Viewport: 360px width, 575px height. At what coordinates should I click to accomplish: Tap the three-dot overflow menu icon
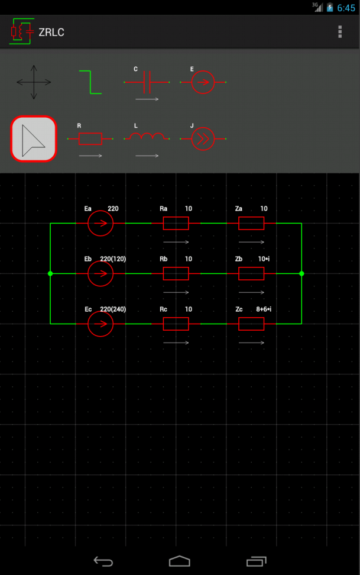[340, 32]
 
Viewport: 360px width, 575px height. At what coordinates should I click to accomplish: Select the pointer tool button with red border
[34, 139]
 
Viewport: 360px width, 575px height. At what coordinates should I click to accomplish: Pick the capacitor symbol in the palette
[147, 82]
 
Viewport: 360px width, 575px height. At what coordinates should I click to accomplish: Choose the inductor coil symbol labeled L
[147, 137]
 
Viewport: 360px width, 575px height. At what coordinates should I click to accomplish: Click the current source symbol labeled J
[203, 138]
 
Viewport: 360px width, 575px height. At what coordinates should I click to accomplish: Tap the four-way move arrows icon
[34, 82]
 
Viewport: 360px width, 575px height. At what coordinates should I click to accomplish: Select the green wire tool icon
[90, 82]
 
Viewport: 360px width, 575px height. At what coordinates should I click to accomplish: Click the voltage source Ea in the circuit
[100, 224]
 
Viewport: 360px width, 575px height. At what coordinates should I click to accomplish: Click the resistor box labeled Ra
[176, 224]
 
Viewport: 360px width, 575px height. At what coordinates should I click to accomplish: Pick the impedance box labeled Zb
[251, 273]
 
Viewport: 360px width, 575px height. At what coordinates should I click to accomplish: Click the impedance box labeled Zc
[251, 324]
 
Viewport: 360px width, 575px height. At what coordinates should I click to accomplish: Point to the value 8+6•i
[264, 309]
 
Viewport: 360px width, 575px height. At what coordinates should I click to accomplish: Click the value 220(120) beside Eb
[113, 259]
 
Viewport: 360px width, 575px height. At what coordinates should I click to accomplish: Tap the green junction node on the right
[301, 273]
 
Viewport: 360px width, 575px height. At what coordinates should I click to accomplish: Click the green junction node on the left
[50, 273]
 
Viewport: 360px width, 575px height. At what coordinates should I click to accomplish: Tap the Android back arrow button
[103, 561]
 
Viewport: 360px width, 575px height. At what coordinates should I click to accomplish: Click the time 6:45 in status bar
[346, 8]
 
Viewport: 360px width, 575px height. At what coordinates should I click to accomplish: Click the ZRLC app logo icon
[22, 31]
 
